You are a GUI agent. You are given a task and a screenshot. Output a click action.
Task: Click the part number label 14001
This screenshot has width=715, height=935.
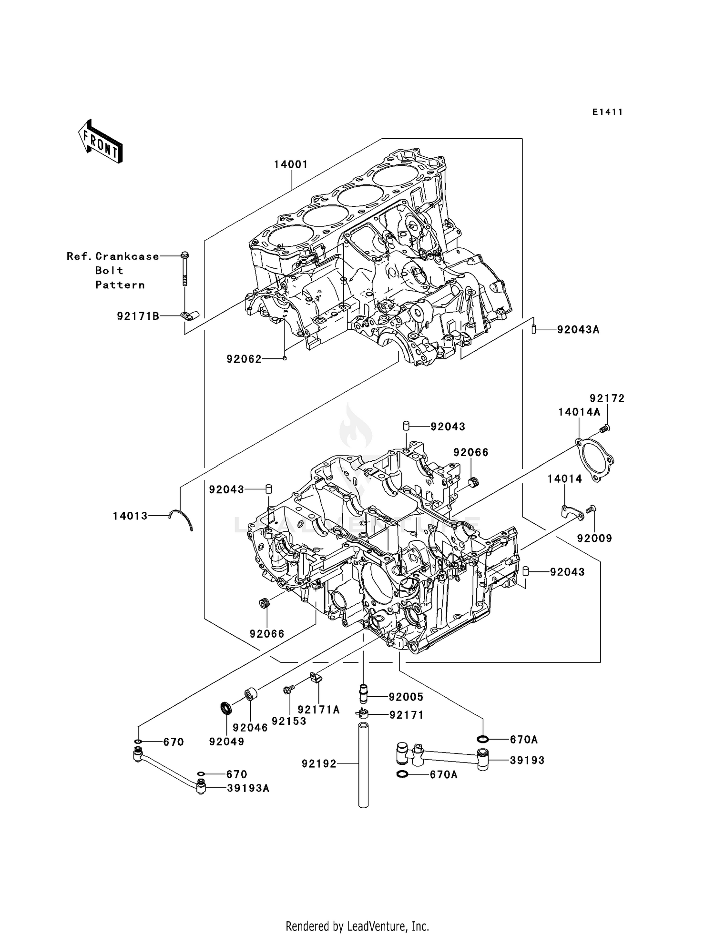291,164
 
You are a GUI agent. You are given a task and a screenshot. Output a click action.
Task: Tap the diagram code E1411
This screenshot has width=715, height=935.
608,112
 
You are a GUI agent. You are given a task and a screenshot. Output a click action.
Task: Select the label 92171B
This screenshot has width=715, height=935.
138,316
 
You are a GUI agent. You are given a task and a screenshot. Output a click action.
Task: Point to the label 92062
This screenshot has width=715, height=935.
244,359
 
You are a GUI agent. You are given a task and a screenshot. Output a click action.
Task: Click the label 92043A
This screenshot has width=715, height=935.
578,329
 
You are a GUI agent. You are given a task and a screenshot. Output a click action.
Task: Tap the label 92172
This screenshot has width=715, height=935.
607,398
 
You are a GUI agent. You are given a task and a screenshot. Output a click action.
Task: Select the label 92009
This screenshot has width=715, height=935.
594,538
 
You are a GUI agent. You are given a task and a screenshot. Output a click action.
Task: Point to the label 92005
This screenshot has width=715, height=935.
406,697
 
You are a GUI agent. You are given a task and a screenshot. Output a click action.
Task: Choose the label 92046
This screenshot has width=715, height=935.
250,727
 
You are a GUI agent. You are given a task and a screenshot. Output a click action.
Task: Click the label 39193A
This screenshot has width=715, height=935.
248,788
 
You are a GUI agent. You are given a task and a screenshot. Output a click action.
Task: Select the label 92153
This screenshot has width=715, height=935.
289,721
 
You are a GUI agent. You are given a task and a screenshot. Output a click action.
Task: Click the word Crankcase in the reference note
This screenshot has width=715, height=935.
127,256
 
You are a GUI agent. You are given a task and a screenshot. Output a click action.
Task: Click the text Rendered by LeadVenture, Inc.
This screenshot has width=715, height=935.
357,926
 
